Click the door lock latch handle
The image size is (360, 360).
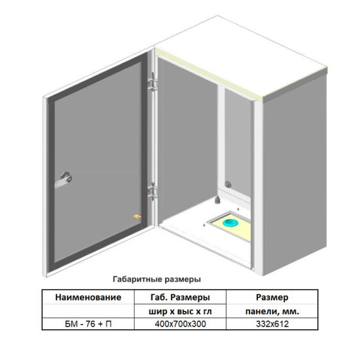click(63, 180)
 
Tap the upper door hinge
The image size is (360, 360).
click(153, 82)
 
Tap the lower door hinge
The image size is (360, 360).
click(153, 192)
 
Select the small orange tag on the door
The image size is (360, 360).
click(137, 217)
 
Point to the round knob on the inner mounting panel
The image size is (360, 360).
click(228, 184)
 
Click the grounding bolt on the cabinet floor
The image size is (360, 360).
click(217, 200)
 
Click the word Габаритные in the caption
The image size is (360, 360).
click(137, 279)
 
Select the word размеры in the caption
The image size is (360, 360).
click(183, 280)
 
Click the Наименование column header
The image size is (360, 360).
click(88, 297)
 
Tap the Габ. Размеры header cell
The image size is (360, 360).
click(180, 298)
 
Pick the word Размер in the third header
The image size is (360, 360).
click(272, 298)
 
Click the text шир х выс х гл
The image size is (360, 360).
click(180, 312)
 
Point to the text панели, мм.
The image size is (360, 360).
click(272, 312)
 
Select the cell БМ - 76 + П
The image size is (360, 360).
click(88, 324)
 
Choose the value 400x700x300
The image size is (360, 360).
click(180, 324)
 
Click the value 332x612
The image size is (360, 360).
click(272, 324)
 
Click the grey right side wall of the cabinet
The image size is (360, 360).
click(295, 175)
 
